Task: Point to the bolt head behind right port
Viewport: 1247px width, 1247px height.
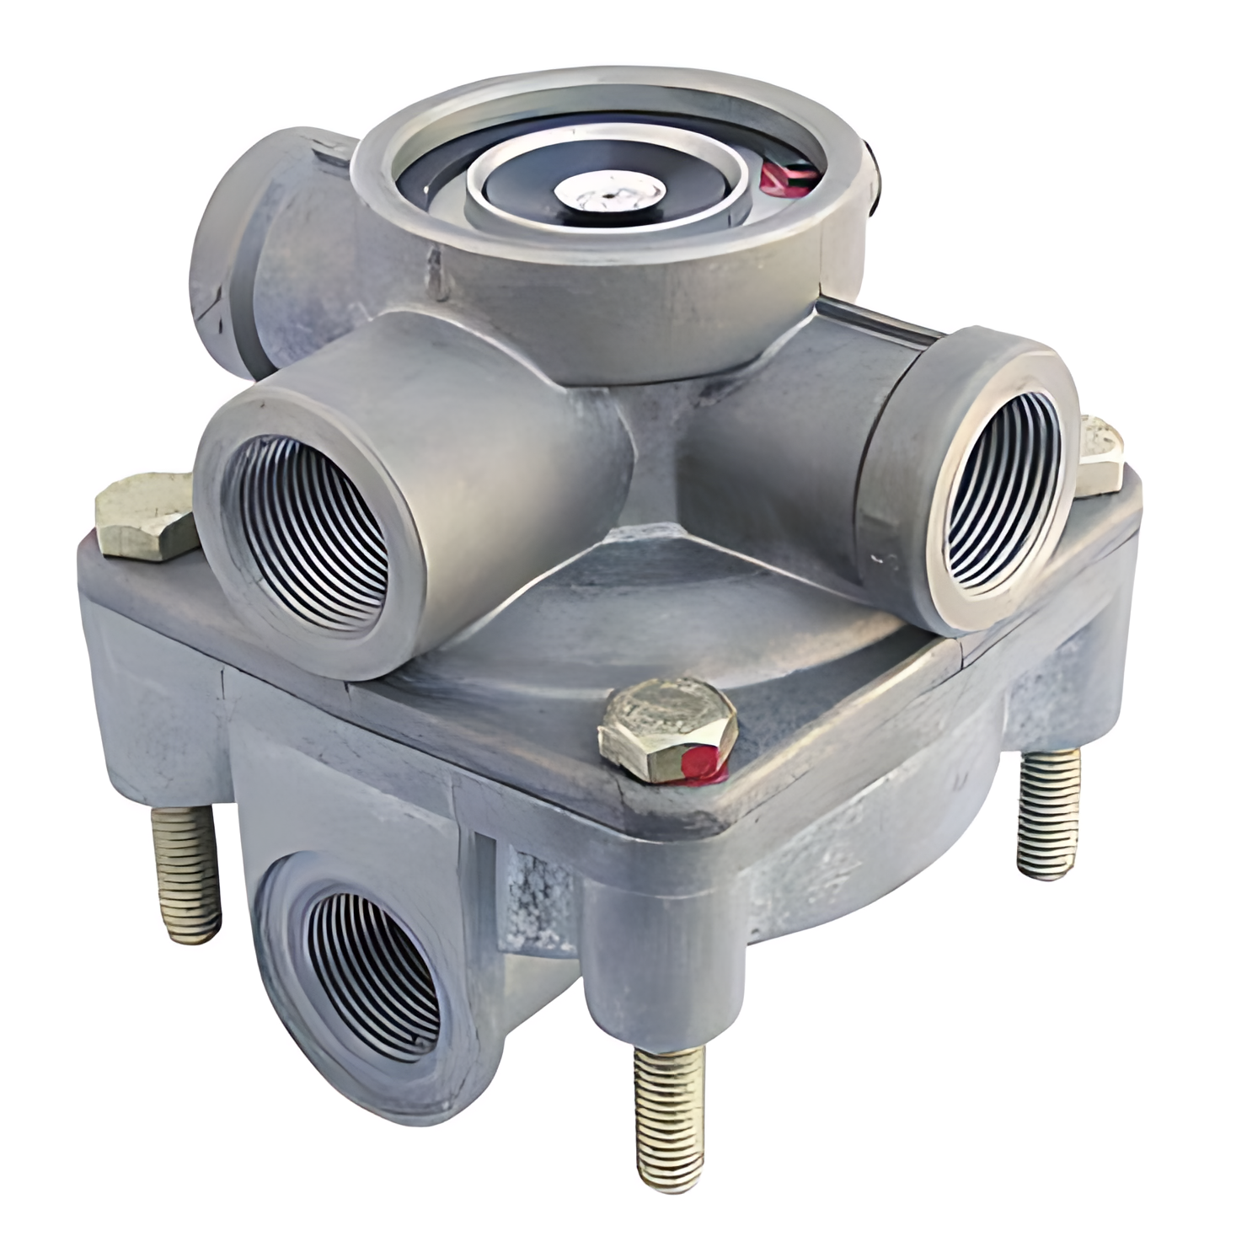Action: [1104, 455]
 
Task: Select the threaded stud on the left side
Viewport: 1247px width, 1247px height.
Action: [185, 872]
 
